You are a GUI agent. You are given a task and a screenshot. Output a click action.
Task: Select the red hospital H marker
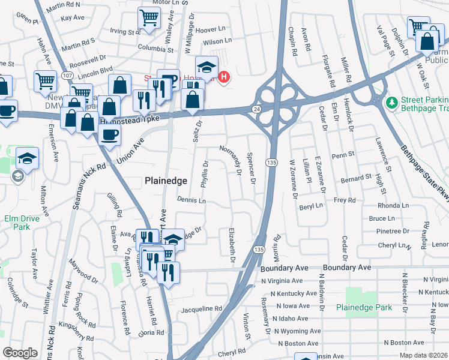[224, 77]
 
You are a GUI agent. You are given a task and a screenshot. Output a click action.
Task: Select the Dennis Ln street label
[191, 200]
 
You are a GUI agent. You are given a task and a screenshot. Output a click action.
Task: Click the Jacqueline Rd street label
[202, 308]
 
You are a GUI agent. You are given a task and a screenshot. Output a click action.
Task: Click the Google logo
[20, 352]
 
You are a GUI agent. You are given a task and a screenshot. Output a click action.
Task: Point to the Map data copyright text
[424, 355]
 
